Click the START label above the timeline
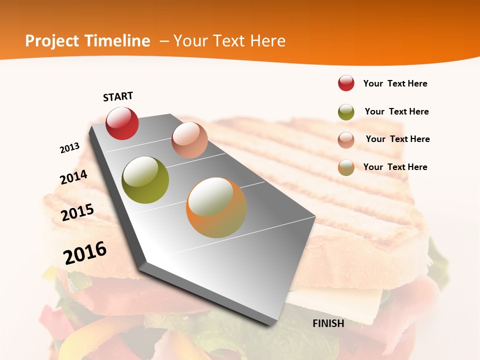(x=118, y=96)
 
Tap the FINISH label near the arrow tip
(x=328, y=323)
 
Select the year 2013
(x=69, y=148)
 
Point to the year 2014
(x=73, y=177)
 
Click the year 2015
(x=77, y=212)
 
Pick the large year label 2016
(x=85, y=253)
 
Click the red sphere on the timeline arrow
(x=122, y=123)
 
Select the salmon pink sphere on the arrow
(x=189, y=140)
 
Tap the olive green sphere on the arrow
(x=145, y=180)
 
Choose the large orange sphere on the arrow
(x=216, y=207)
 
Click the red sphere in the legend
(x=346, y=83)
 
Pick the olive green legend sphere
(x=346, y=112)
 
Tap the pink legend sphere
(x=346, y=140)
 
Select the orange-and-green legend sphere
(x=346, y=168)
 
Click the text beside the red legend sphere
(x=395, y=83)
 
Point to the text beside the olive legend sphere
(x=396, y=111)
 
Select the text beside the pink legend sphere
(x=397, y=139)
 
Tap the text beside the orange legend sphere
(x=395, y=167)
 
